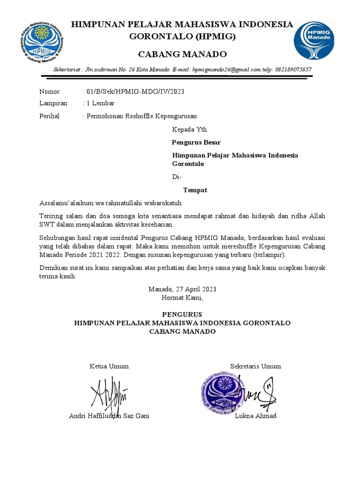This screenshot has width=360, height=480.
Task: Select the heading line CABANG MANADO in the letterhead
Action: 182,53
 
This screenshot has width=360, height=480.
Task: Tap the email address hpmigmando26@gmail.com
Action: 226,69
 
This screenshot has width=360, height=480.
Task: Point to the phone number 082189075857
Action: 294,69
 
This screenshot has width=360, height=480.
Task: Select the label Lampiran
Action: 53,103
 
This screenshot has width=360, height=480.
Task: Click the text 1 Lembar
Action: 100,103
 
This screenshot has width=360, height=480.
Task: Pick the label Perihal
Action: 49,116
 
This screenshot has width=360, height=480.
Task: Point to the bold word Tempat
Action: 195,190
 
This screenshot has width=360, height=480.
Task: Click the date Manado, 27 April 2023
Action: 182,289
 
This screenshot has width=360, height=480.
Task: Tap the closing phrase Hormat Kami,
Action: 182,298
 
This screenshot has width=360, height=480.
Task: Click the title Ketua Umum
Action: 109,366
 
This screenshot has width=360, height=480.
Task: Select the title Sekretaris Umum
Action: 255,366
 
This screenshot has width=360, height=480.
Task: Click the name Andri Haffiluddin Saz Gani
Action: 109,416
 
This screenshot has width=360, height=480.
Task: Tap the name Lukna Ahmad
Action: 255,416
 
